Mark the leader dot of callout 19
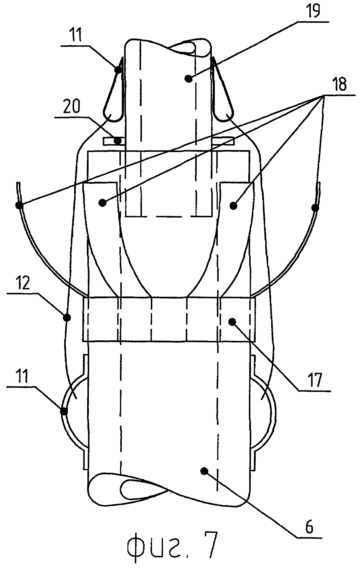187,79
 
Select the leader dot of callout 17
232,321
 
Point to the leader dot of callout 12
67,318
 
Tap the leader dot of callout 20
118,141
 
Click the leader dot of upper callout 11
118,70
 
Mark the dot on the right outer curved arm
315,208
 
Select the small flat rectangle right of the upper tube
224,141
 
